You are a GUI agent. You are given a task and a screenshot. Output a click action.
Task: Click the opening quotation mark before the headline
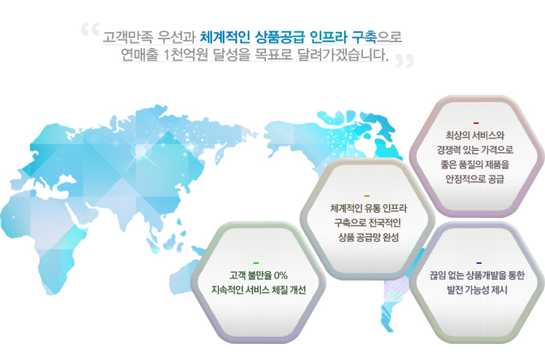pos(90,30)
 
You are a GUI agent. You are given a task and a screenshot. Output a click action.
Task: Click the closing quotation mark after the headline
pos(404,60)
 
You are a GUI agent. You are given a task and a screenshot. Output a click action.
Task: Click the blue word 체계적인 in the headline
pos(225,36)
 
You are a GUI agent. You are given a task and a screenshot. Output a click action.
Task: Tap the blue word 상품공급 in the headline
pos(280,36)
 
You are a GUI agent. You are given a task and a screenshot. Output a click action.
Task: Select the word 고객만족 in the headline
pos(128,37)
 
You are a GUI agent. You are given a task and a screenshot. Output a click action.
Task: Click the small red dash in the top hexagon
pos(477,123)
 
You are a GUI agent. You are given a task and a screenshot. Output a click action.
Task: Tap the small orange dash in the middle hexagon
pos(367,196)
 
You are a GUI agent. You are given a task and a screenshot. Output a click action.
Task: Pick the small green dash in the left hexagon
pos(256,263)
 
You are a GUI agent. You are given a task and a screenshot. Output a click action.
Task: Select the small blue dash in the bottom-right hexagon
pos(479,263)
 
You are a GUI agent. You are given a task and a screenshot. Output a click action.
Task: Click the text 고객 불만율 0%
pos(258,275)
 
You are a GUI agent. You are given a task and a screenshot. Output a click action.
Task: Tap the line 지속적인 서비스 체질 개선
pos(259,290)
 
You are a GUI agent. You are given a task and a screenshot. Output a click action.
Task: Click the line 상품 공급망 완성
pos(369,238)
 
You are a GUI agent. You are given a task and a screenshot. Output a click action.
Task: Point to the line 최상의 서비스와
pos(475,135)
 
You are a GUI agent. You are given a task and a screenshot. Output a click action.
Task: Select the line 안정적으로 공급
pos(475,179)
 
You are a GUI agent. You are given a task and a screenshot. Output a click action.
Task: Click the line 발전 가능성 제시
pos(477,290)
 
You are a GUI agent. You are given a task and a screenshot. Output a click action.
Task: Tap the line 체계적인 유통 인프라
pos(369,208)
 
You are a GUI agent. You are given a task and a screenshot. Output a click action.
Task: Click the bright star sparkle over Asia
pos(141,151)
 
